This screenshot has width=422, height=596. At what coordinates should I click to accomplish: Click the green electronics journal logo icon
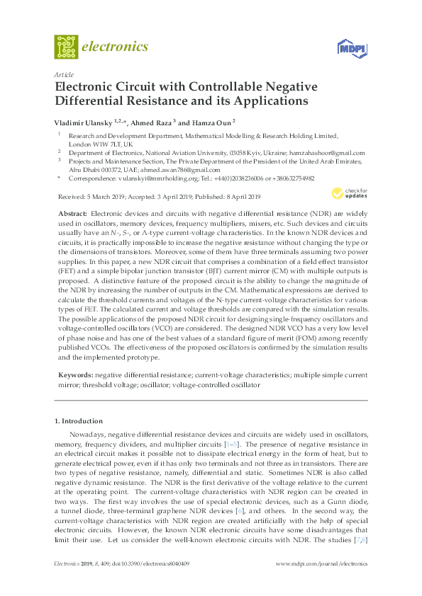point(66,47)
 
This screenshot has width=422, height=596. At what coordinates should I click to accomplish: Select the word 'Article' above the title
point(64,74)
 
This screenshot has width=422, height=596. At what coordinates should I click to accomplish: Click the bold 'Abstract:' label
point(72,213)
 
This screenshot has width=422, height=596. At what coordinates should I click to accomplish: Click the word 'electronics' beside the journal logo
point(116,47)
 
